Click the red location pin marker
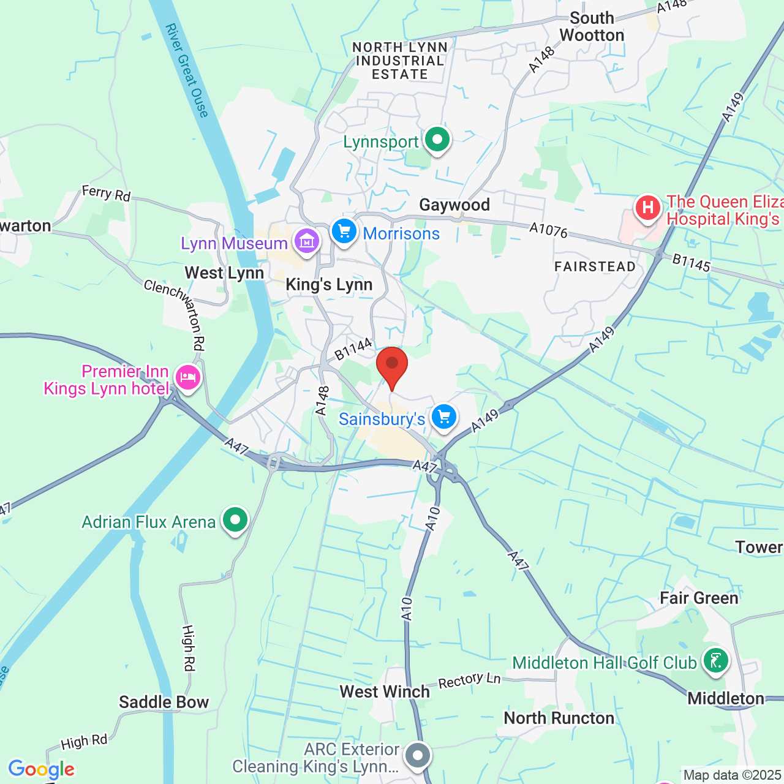[x=392, y=366]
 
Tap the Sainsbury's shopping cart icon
[x=444, y=418]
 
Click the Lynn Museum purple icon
[x=307, y=241]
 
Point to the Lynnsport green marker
[x=437, y=140]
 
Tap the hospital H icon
[x=647, y=208]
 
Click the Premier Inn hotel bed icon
[x=187, y=377]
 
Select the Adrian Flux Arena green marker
[x=235, y=521]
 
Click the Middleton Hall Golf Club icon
[x=715, y=661]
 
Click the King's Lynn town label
[x=329, y=285]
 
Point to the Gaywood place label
[x=454, y=205]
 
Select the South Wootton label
[x=592, y=27]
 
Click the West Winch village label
[x=385, y=692]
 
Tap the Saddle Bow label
[x=164, y=702]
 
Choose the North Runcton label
[x=559, y=718]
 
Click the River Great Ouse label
[x=187, y=70]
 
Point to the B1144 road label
[x=353, y=349]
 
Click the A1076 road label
[x=549, y=230]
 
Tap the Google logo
[x=41, y=769]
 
